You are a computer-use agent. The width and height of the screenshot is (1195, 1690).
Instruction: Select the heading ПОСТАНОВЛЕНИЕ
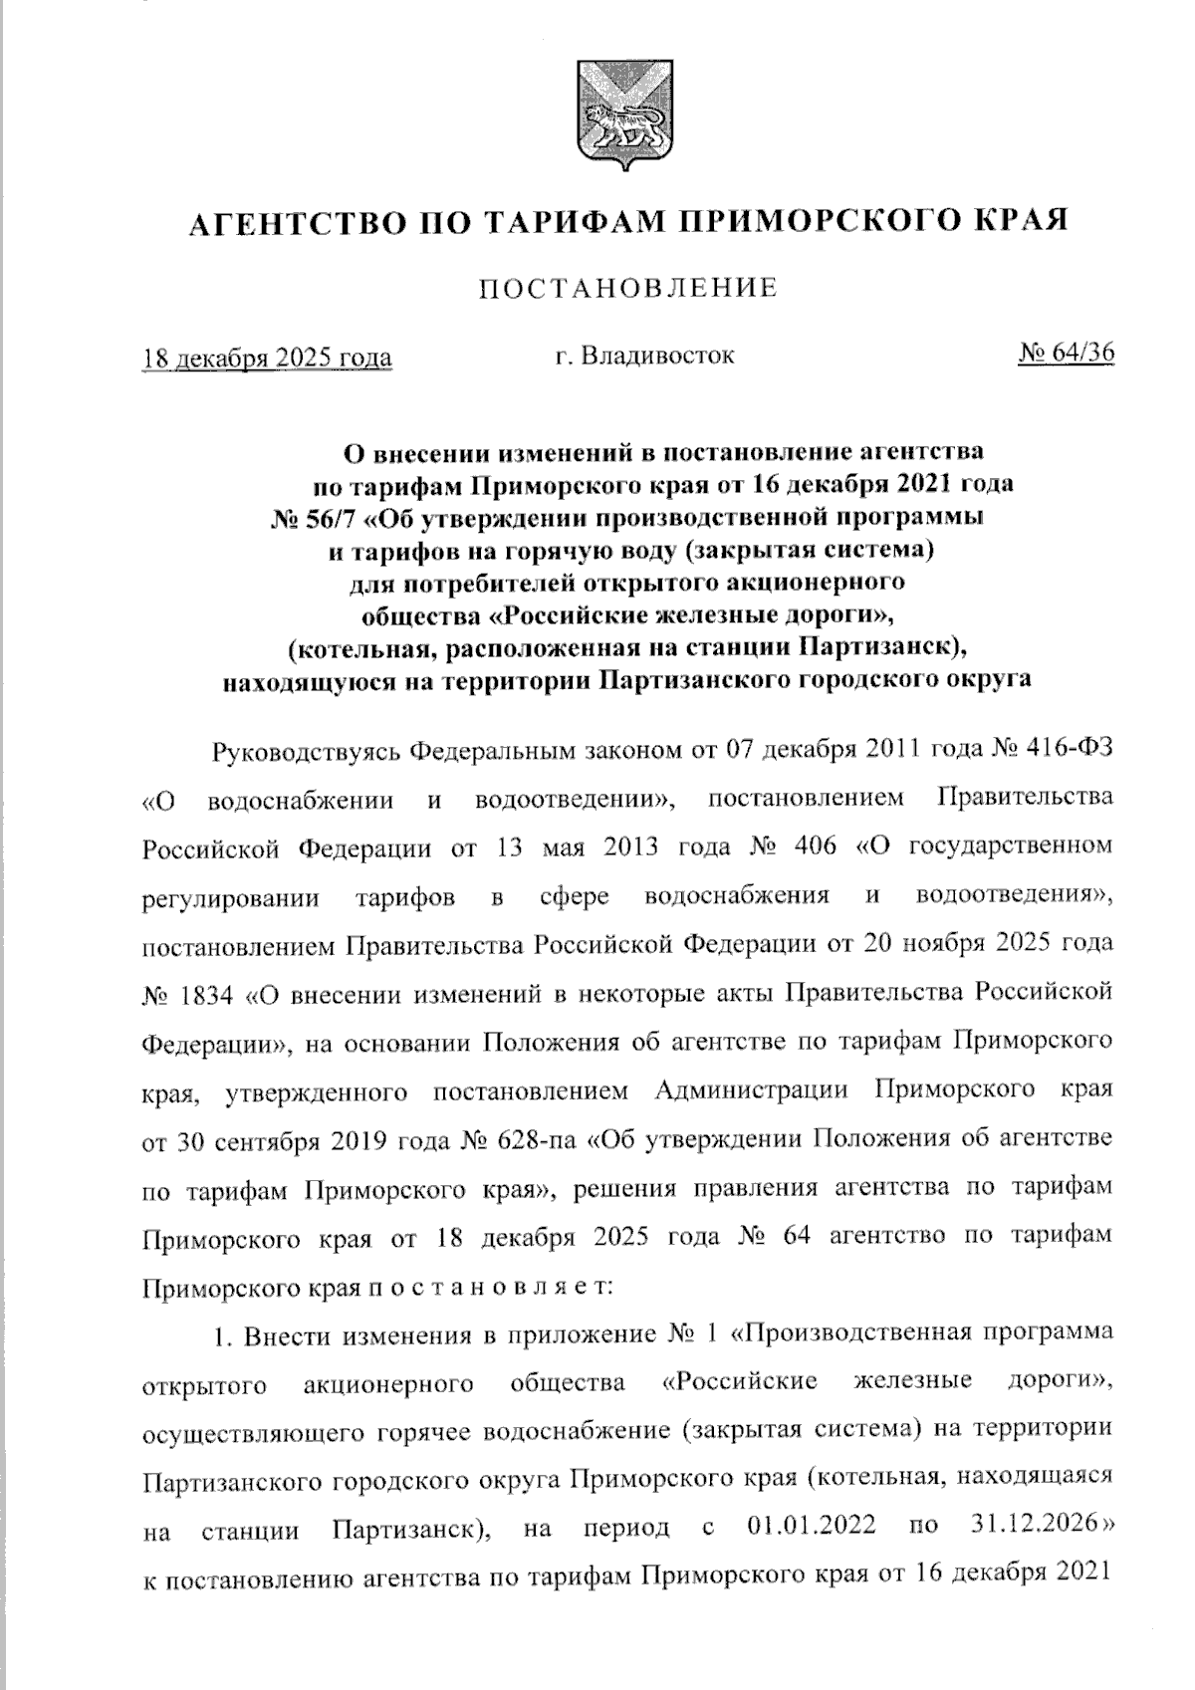click(628, 289)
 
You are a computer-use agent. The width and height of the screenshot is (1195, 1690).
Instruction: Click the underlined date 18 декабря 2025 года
click(267, 358)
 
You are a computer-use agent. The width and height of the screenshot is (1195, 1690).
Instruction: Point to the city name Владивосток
click(658, 355)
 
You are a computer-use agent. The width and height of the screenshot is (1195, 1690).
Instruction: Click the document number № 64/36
click(1067, 354)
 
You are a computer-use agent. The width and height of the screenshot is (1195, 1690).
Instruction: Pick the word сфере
click(575, 896)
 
